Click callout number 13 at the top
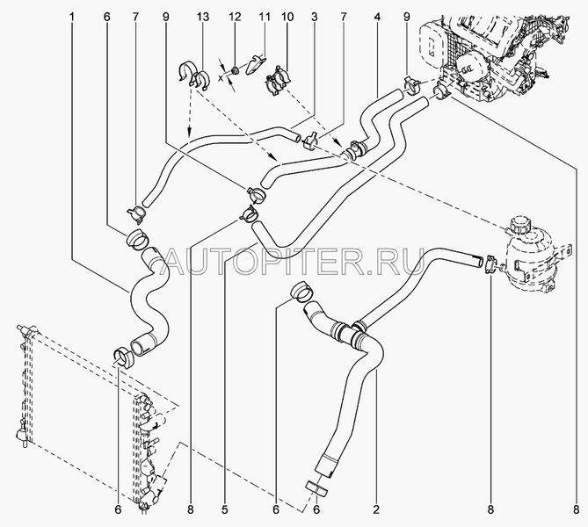202,17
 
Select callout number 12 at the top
235,17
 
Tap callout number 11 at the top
265,17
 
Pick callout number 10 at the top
288,17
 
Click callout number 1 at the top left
72,17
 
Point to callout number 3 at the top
315,17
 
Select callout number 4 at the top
377,17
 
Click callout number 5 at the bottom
225,509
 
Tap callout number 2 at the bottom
376,509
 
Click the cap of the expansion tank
517,223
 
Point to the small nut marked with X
236,70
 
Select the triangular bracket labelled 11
257,65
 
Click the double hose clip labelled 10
278,81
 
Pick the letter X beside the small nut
221,77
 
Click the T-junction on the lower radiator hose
352,331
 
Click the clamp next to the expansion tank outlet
490,263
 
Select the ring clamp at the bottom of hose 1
123,357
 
